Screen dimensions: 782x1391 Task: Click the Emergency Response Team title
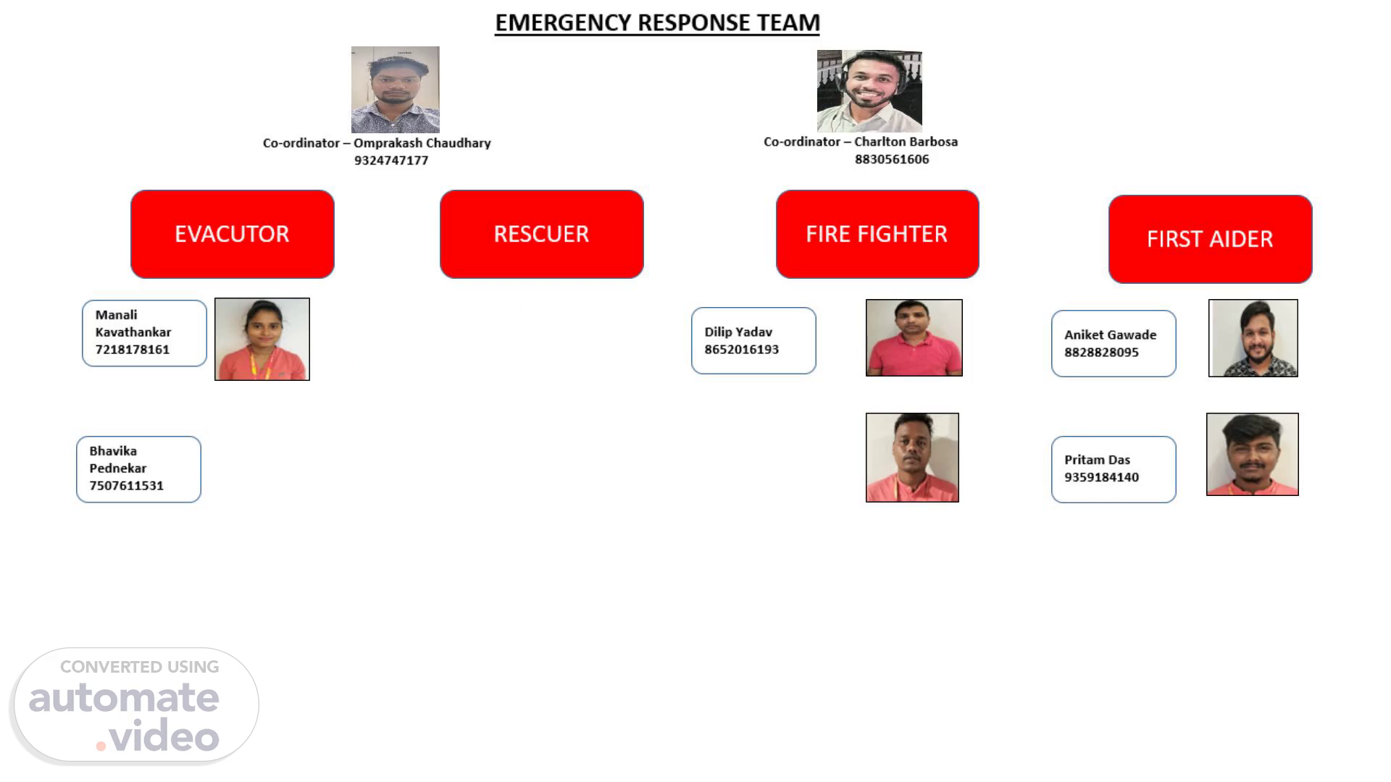click(657, 22)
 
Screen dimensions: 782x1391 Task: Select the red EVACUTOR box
click(232, 234)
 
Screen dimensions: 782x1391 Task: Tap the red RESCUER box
click(541, 234)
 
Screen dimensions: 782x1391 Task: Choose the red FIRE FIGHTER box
click(877, 234)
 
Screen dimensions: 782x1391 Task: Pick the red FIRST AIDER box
click(1210, 239)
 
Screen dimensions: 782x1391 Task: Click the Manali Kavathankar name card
click(144, 333)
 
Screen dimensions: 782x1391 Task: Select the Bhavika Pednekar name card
click(138, 469)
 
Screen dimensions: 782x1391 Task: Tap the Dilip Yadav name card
click(753, 340)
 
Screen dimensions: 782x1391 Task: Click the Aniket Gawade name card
click(1114, 343)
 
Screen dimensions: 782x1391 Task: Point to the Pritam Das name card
click(1114, 469)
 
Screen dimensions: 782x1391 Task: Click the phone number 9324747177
click(391, 161)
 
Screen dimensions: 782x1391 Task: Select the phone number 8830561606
click(892, 159)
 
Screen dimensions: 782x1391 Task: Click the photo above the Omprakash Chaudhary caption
click(395, 90)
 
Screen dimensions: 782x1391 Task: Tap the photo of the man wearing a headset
click(869, 91)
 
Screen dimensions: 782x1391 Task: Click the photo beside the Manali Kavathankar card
click(262, 339)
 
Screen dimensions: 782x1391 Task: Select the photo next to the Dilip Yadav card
click(914, 337)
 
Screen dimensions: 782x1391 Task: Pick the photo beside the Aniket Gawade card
click(1253, 338)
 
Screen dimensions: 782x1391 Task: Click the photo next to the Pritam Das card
click(1252, 454)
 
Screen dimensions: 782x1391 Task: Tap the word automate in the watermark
click(124, 697)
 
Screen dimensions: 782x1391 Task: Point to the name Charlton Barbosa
click(906, 142)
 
